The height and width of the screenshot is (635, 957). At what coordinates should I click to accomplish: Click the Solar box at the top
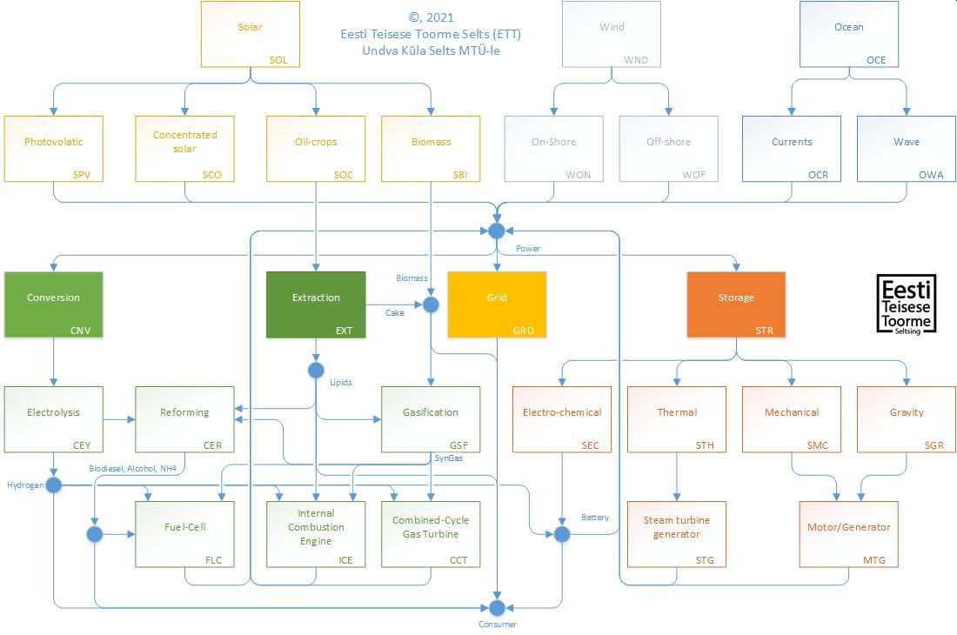point(251,34)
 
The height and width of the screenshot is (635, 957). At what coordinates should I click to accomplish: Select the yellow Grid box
point(497,304)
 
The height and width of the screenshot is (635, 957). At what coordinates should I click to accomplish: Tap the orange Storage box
point(736,304)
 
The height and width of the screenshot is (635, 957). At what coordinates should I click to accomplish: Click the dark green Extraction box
point(316,304)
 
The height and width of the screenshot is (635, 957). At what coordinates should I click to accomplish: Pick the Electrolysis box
point(54,419)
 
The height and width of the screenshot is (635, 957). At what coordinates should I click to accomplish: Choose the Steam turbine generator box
point(677,534)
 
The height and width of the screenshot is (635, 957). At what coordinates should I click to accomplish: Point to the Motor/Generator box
point(849,534)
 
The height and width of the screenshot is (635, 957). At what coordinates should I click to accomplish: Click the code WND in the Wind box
point(636,61)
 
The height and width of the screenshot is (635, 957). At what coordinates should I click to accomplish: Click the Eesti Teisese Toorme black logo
point(907,304)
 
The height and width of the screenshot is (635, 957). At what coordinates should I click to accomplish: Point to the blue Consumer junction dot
point(497,607)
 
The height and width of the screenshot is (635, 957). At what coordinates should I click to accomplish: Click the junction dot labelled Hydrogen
point(54,485)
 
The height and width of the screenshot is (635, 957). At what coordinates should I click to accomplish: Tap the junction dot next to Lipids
point(316,371)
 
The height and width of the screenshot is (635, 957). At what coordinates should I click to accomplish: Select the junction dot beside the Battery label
point(562,534)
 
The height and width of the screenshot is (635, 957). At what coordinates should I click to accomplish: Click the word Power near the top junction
point(528,249)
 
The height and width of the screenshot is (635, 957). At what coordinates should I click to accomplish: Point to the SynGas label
point(448,458)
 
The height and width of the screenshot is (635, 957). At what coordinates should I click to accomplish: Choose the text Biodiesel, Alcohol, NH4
point(133,468)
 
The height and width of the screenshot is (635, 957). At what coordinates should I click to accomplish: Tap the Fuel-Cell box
point(184,534)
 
